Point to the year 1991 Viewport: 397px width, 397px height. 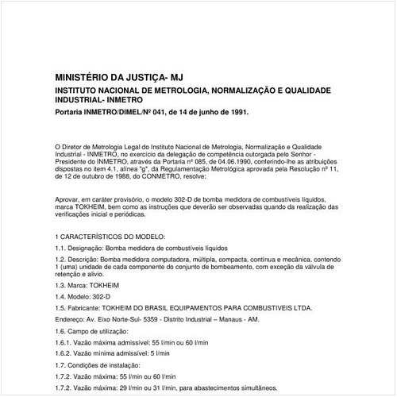[234, 112]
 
